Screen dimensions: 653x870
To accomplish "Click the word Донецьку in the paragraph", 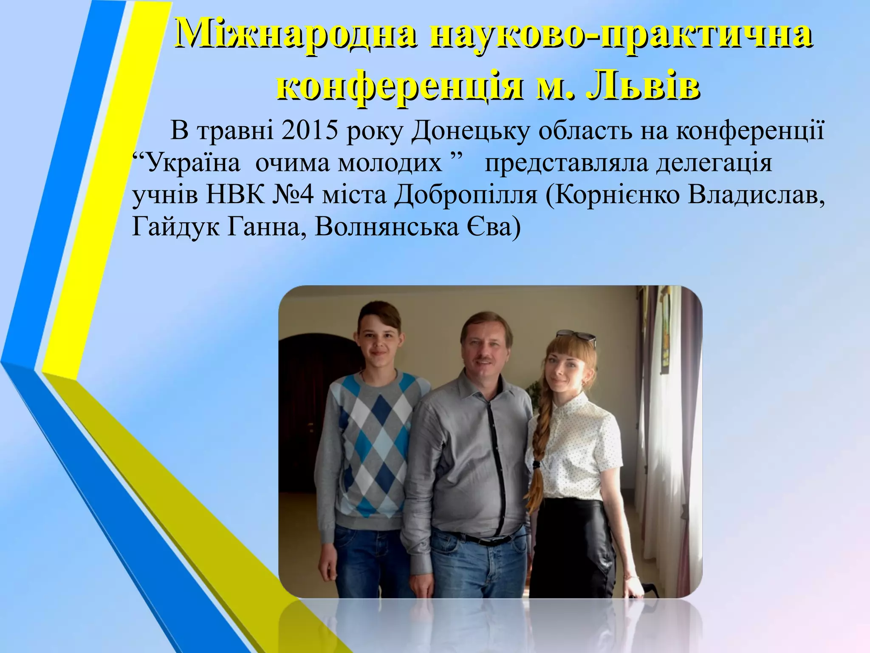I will pyautogui.click(x=471, y=131).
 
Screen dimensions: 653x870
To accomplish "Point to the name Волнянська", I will pyautogui.click(x=387, y=227).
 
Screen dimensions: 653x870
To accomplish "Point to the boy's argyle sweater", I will pyautogui.click(x=374, y=438).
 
